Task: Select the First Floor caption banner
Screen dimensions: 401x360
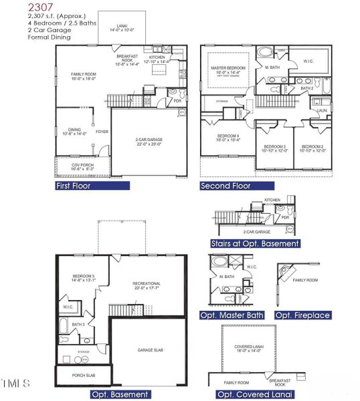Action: [73, 186]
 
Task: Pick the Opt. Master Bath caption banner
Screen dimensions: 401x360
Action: [232, 315]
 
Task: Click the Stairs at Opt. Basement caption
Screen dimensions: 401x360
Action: [255, 243]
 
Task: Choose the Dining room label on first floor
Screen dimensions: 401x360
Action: [74, 132]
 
